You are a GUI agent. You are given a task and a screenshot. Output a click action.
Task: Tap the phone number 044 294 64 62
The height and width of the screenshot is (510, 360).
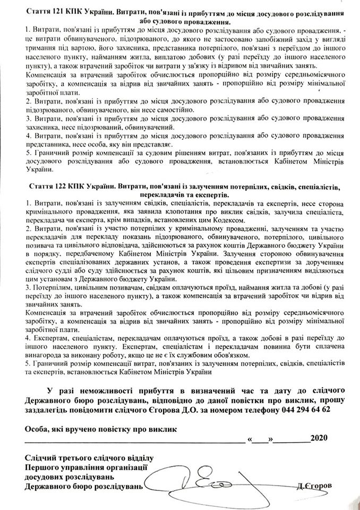(x=304, y=411)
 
